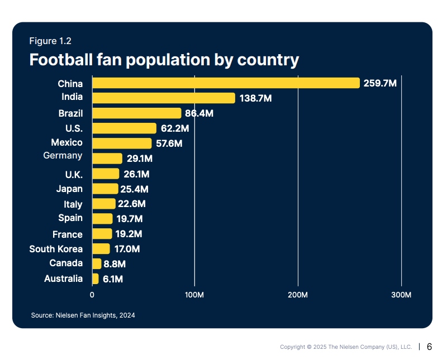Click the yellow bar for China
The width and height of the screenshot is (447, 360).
point(225,83)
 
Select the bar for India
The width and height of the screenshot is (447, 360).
point(163,98)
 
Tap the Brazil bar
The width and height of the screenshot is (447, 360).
point(136,113)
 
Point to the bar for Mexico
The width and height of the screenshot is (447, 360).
point(121,143)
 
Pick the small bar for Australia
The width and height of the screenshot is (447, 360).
point(95,279)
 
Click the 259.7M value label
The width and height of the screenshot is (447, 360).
point(379,84)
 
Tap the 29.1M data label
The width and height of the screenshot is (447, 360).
point(139,159)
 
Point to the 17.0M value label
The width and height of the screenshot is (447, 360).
point(127,249)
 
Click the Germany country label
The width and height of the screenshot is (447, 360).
point(63,156)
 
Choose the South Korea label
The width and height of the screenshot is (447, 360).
point(56,249)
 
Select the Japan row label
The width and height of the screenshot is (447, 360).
point(69,189)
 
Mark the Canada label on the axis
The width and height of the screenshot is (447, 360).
point(66,263)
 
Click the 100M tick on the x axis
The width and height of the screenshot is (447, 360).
point(194,294)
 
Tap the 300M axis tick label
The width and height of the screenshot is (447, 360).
point(401,294)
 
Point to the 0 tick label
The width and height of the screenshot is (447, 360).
point(92,294)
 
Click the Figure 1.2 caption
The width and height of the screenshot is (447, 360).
point(50,41)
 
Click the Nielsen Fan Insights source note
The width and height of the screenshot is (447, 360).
point(83,315)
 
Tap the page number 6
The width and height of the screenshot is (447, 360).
point(429,347)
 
